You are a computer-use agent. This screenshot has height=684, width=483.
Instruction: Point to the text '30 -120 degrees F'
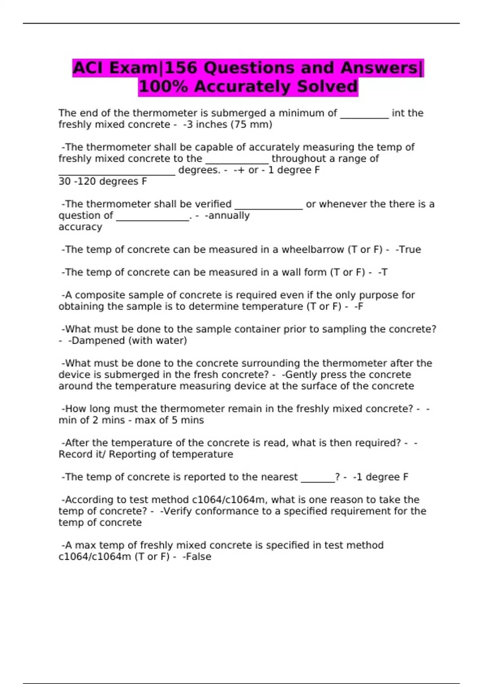tap(103, 181)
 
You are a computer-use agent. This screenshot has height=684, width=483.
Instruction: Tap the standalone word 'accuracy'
tap(80, 227)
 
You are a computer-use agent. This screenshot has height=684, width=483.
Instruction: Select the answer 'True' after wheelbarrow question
tap(410, 249)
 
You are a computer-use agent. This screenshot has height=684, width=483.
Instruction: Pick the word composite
tap(99, 295)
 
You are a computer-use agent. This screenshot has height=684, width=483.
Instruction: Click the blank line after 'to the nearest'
tap(318, 478)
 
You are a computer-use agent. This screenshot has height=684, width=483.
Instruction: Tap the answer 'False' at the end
tap(198, 557)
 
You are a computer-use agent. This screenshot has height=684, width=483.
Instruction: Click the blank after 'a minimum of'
tap(365, 115)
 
